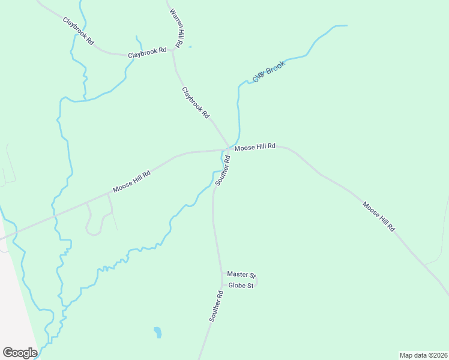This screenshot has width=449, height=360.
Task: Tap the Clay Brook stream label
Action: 268,71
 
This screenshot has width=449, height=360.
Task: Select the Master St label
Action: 241,274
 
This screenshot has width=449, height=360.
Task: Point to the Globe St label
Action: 241,286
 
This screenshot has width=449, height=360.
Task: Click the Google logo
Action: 20,352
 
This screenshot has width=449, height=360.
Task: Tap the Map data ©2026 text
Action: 423,355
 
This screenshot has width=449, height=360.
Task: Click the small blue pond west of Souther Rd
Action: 157,332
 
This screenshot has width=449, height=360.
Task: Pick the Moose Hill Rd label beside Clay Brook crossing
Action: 255,146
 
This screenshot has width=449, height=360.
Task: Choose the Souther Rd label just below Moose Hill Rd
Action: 223,170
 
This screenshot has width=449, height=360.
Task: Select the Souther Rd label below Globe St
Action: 217,307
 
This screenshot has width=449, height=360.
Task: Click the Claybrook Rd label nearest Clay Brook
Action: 196,102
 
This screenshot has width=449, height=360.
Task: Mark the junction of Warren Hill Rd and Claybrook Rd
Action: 173,50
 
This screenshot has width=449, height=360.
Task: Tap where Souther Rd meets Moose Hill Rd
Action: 229,149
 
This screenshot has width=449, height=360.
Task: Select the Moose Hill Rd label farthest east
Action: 378,216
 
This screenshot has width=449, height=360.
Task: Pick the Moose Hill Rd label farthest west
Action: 131,181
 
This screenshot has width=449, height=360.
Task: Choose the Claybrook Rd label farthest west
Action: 79,31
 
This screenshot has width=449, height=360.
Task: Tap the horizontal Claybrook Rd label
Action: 147,53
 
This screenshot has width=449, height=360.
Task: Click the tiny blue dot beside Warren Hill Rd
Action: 190,47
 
